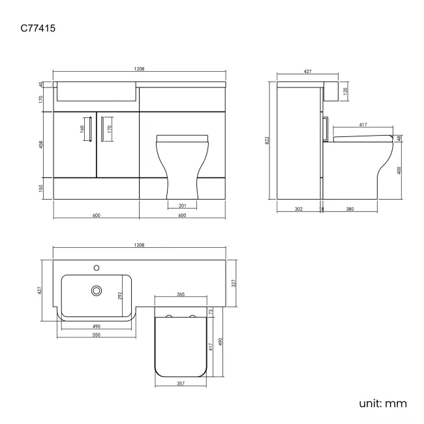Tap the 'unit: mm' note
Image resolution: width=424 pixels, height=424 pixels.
click(x=383, y=403)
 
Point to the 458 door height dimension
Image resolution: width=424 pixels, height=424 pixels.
click(x=40, y=144)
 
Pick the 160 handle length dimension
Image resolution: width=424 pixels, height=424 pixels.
click(x=83, y=128)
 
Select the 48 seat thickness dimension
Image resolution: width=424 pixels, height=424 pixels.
click(x=399, y=138)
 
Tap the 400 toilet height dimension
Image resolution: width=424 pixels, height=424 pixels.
click(x=399, y=170)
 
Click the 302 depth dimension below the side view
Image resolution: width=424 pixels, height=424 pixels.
click(x=298, y=209)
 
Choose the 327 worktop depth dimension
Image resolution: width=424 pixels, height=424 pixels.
click(x=234, y=283)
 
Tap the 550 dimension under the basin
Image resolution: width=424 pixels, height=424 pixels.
click(x=95, y=334)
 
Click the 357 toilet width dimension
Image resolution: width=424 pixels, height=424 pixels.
click(x=181, y=384)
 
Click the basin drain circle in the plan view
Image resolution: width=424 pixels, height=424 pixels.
click(x=97, y=290)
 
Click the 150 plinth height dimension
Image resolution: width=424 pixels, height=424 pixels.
click(x=40, y=188)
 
